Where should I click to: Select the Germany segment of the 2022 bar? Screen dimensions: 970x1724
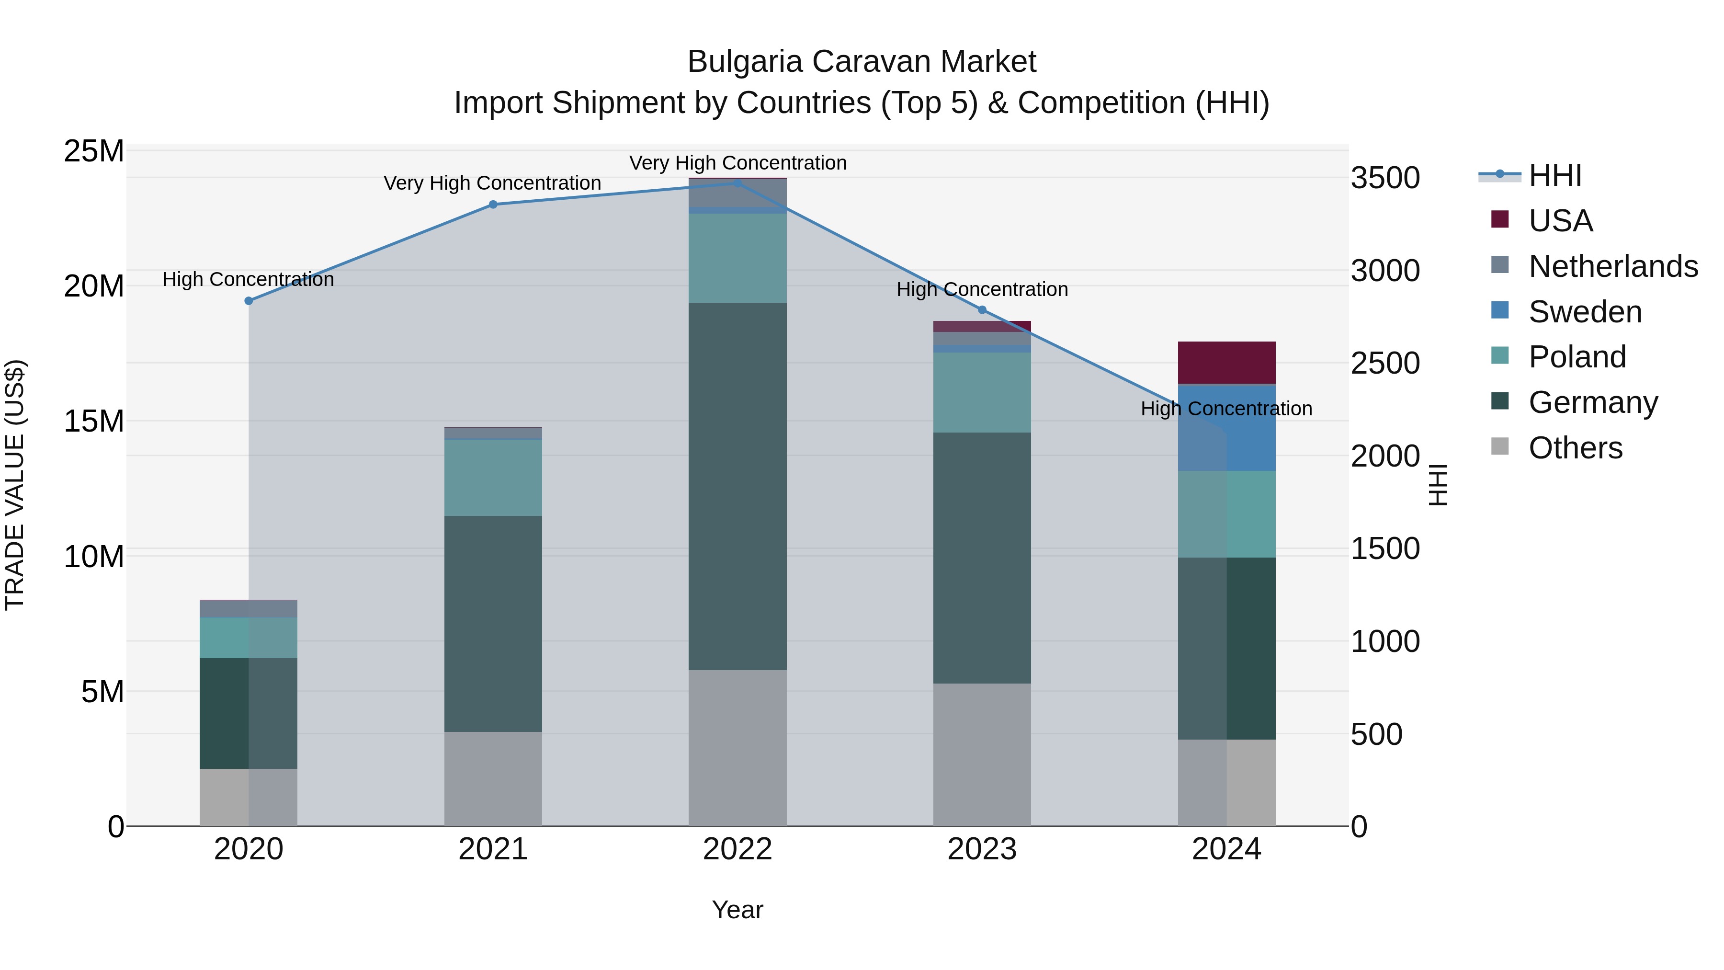pyautogui.click(x=737, y=486)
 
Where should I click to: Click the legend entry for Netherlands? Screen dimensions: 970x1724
pyautogui.click(x=1613, y=266)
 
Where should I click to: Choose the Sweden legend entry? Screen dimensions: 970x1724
pyautogui.click(x=1585, y=312)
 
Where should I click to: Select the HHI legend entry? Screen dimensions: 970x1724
pyautogui.click(x=1554, y=175)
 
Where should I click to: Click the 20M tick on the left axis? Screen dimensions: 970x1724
pyautogui.click(x=94, y=286)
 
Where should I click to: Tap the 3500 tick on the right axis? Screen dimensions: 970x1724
pyautogui.click(x=1384, y=178)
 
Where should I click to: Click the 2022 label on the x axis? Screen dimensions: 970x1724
pyautogui.click(x=737, y=849)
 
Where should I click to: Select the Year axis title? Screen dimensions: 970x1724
pyautogui.click(x=737, y=910)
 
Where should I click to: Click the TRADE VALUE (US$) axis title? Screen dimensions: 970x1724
pyautogui.click(x=15, y=485)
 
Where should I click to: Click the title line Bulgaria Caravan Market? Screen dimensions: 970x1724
pyautogui.click(x=862, y=62)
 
